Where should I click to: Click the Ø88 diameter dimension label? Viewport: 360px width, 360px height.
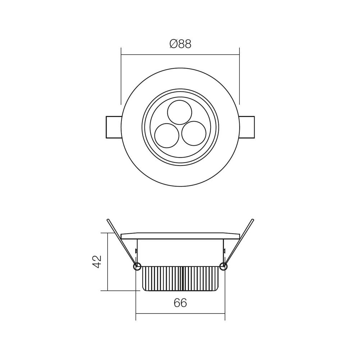[180, 44]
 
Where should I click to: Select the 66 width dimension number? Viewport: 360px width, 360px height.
[180, 303]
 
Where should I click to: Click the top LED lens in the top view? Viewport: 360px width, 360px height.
[180, 112]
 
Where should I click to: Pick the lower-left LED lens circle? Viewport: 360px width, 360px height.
[167, 135]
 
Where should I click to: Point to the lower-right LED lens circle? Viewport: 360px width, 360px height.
[194, 133]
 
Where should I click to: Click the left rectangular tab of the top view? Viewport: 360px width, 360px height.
[113, 127]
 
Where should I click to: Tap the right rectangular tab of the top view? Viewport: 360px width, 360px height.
[247, 127]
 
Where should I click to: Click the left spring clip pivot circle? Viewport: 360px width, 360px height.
[137, 266]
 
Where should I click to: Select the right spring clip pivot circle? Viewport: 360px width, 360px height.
[224, 266]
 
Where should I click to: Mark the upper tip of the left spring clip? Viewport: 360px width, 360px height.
[108, 220]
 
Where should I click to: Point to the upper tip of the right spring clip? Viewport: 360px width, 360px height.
[253, 220]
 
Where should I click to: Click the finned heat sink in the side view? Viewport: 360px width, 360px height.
[180, 279]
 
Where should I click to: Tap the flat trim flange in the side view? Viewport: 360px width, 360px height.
[180, 236]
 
